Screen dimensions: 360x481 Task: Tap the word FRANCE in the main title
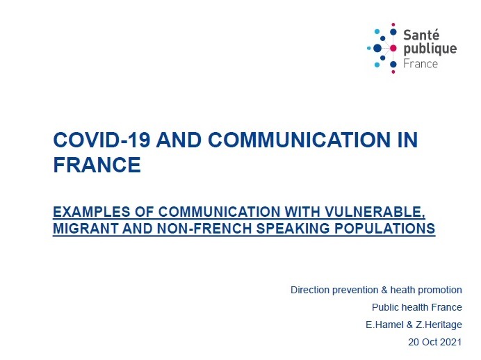click(x=97, y=165)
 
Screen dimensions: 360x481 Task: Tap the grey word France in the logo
click(x=421, y=63)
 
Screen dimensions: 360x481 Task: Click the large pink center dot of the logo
click(x=393, y=48)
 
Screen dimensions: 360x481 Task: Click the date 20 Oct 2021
click(x=436, y=342)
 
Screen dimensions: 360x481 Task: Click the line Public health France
click(x=417, y=307)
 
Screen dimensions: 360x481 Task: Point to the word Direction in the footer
click(x=311, y=290)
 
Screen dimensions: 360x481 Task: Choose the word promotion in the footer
click(x=439, y=290)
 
